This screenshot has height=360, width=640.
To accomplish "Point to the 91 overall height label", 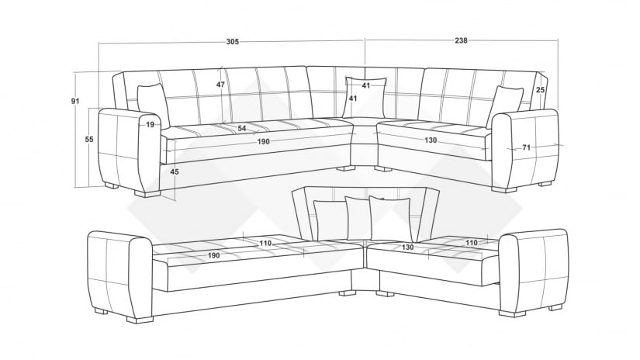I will click(76, 100).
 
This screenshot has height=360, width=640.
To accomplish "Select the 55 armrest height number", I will click(89, 139).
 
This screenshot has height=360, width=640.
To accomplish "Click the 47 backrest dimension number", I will click(220, 85).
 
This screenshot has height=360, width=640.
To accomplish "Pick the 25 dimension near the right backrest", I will click(540, 91).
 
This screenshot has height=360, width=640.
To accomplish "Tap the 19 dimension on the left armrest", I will click(150, 124).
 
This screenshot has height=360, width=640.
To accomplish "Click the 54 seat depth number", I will click(242, 128).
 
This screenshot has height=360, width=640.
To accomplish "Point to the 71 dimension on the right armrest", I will click(525, 147).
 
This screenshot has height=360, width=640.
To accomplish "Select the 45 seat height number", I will click(175, 171).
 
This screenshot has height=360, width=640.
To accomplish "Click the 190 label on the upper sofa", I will click(263, 141).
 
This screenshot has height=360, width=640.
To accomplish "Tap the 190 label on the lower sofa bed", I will click(213, 255).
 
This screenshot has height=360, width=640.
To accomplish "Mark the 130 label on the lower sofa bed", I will click(408, 247).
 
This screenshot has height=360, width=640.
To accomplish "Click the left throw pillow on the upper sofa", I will click(152, 105).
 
